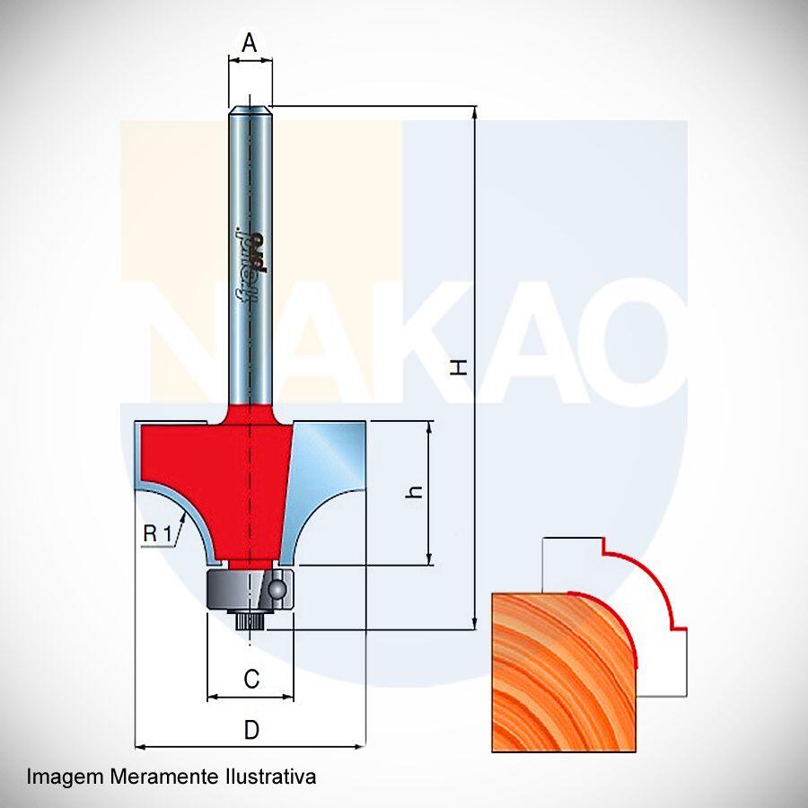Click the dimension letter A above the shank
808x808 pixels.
coord(250,42)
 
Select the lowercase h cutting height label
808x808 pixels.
coord(414,492)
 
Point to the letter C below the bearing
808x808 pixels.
coord(251,679)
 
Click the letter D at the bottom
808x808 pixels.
coord(251,730)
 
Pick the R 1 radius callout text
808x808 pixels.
coord(157,534)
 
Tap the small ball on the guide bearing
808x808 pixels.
coord(277,588)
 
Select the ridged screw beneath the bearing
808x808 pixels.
coord(250,620)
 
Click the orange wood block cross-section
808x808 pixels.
coord(565,672)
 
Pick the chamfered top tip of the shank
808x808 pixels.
coord(250,110)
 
